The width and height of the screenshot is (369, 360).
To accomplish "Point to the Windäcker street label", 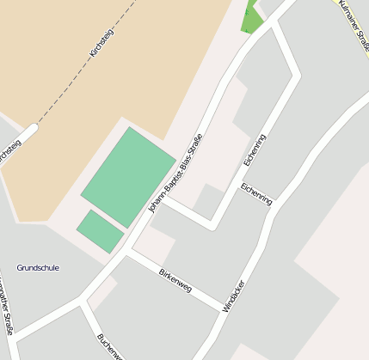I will click(233, 296).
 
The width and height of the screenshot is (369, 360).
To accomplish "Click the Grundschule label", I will click(38, 268).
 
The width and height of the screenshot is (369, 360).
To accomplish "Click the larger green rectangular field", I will click(128, 177).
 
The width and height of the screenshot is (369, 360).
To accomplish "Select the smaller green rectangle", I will click(100, 231).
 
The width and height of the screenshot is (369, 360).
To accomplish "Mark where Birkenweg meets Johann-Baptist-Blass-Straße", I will click(127, 254).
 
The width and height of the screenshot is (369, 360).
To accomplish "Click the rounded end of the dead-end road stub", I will click(32, 131).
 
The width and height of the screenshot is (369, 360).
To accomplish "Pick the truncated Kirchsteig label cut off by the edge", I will click(9, 152).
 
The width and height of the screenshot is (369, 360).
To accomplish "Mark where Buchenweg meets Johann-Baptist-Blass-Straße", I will click(83, 302).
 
